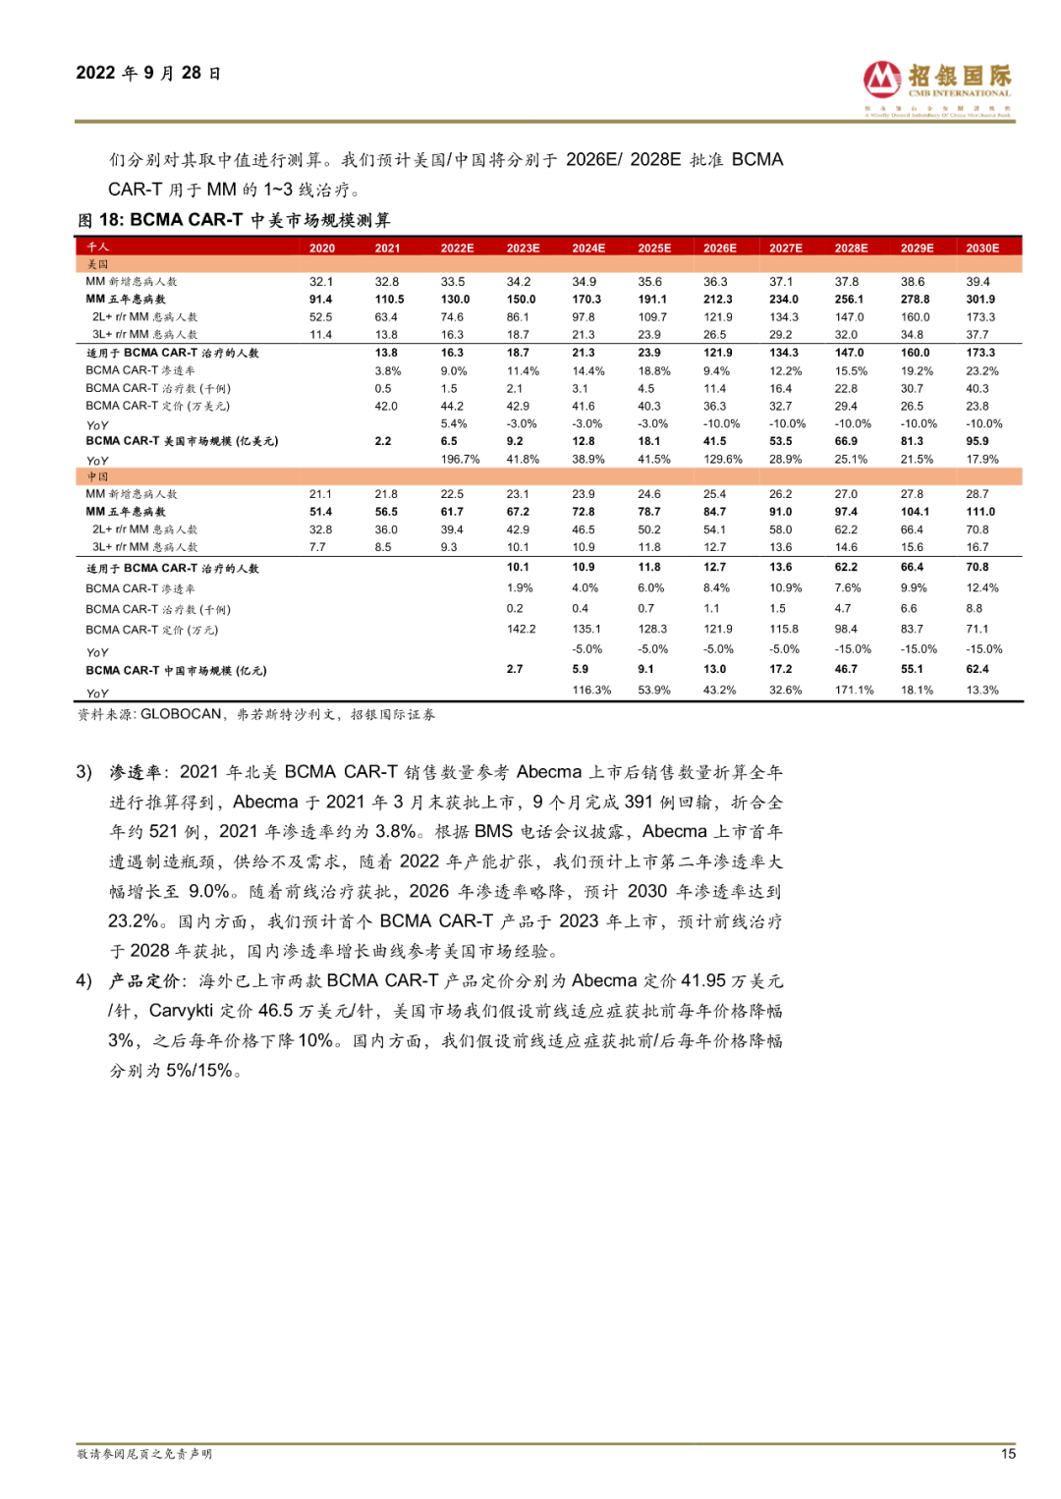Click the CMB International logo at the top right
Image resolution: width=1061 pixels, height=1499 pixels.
(x=937, y=86)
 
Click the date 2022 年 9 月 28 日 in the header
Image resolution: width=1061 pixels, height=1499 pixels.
(x=148, y=74)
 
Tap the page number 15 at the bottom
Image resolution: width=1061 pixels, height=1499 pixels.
(x=1008, y=1454)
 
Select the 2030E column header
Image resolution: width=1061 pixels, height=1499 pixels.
(x=982, y=249)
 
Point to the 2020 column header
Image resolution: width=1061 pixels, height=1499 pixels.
(x=322, y=249)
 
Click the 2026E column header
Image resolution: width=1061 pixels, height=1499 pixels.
(x=720, y=249)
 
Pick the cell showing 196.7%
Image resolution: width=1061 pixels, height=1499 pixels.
(x=460, y=460)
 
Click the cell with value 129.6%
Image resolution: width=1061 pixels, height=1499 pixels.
(x=723, y=460)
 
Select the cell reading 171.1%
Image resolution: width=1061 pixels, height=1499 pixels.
(x=854, y=691)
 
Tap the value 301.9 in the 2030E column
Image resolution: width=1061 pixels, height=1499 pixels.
(x=980, y=300)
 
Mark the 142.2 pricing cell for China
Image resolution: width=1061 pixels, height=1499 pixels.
(x=521, y=630)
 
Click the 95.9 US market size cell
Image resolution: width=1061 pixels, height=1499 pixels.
(x=977, y=442)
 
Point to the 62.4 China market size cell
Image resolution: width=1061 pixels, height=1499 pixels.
(x=977, y=670)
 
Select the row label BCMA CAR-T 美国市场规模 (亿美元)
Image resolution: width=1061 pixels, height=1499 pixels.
(x=182, y=442)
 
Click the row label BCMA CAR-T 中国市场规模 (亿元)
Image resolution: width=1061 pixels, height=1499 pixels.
(x=176, y=671)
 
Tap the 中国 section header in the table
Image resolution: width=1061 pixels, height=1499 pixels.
(x=98, y=476)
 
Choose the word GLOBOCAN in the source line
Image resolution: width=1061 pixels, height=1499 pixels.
(x=181, y=715)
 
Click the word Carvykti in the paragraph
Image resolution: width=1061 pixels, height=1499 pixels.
(x=181, y=1011)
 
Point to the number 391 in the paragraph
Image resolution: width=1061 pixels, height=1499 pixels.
(x=640, y=802)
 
